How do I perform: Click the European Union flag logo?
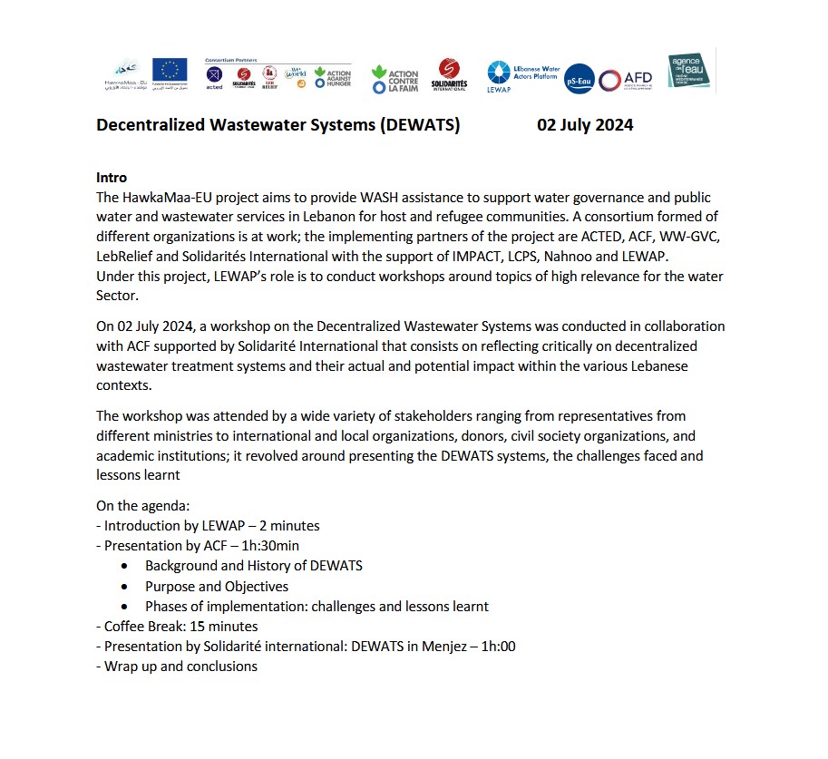tap(170, 71)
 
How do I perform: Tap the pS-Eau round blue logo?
tap(579, 80)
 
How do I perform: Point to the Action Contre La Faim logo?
tap(395, 80)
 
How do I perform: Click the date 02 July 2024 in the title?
tap(585, 125)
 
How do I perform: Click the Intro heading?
tap(112, 178)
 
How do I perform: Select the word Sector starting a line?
tap(117, 296)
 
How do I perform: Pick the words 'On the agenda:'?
tap(143, 506)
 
